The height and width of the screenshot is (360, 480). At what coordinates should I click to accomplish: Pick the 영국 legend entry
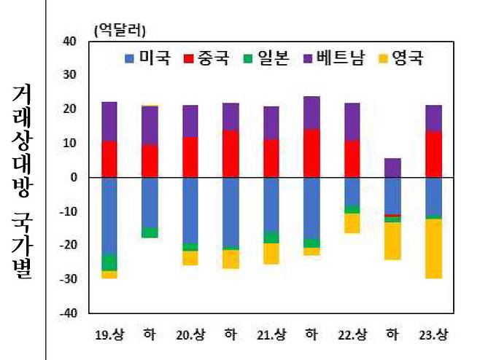(x=400, y=58)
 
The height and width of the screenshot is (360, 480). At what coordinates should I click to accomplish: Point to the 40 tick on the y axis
(x=71, y=41)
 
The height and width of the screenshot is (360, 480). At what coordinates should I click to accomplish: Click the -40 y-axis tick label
(x=69, y=313)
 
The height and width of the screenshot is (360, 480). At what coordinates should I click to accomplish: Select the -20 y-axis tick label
(x=69, y=246)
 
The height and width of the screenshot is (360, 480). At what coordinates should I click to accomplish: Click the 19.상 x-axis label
(x=109, y=335)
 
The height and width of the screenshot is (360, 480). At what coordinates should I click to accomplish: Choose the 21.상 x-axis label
(x=271, y=335)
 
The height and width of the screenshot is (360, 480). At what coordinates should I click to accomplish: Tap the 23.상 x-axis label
(x=433, y=335)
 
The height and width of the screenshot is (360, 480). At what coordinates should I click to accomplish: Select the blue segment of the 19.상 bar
(x=109, y=216)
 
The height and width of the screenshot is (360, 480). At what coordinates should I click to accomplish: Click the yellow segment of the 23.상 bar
(x=433, y=248)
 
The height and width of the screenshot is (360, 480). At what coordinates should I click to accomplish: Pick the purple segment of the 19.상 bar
(x=109, y=121)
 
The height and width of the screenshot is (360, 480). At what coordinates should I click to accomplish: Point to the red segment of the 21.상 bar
(x=271, y=158)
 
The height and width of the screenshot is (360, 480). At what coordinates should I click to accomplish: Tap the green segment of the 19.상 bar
(x=109, y=262)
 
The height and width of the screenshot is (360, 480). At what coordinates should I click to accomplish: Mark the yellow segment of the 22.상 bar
(x=352, y=223)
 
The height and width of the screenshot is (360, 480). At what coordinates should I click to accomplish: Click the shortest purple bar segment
(x=392, y=168)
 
